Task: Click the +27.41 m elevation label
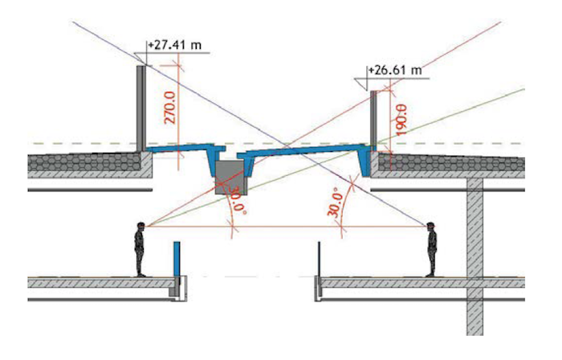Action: [x=174, y=46]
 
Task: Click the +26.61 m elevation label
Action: [x=395, y=70]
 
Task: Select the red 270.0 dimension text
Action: [x=170, y=107]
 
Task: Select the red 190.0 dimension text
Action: [x=401, y=120]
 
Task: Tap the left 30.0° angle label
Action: [x=237, y=200]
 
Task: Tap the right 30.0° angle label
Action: [x=335, y=203]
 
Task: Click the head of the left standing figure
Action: [x=140, y=227]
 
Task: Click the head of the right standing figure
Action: [x=431, y=227]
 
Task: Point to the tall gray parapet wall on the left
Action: [x=141, y=108]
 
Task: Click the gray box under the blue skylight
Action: [x=230, y=178]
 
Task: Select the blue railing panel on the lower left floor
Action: [x=177, y=259]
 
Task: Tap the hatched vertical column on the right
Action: [x=474, y=256]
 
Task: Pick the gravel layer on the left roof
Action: [x=84, y=162]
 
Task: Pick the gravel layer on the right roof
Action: [x=451, y=162]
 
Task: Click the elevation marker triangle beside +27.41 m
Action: [x=140, y=59]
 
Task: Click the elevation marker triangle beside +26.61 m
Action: [x=361, y=84]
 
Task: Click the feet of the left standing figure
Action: [x=140, y=275]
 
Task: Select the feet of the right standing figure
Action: [x=430, y=275]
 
